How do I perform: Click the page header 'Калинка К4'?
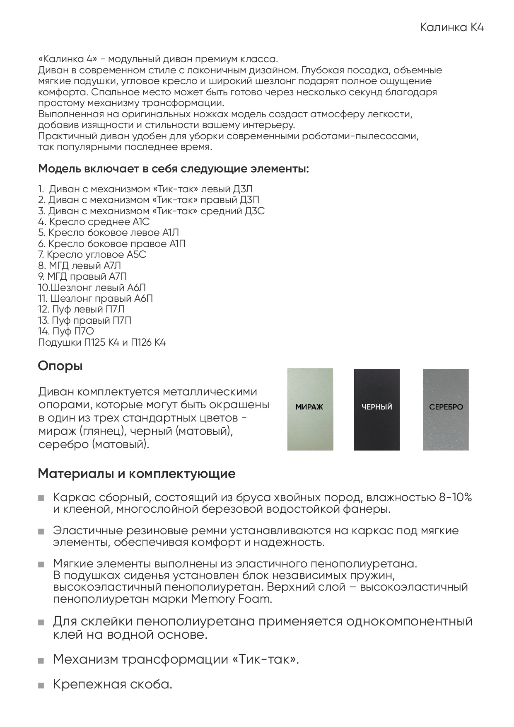point(452,28)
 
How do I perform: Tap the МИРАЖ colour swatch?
point(310,409)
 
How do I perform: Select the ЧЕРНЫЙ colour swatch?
point(376,409)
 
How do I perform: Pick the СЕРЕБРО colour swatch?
point(446,409)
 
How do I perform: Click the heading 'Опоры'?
point(60,366)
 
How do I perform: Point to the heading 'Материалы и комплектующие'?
point(137,474)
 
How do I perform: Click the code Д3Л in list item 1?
point(243,189)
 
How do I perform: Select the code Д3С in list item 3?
point(254,211)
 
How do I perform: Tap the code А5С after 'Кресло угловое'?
point(136,254)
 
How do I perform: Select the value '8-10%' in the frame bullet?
point(455,497)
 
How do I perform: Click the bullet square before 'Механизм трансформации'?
point(41,660)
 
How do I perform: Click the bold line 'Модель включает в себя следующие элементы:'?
point(173,169)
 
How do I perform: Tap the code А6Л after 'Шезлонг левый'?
point(136,288)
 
